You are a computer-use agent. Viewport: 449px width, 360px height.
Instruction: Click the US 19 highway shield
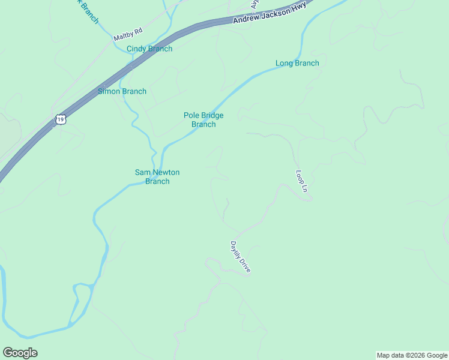click(x=60, y=119)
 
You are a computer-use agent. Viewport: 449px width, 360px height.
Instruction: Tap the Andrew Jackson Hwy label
click(x=269, y=13)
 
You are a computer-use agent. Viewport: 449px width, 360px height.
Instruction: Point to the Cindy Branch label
click(x=149, y=49)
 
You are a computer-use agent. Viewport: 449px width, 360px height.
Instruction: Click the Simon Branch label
click(x=122, y=91)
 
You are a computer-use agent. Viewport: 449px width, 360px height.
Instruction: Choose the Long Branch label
click(x=297, y=63)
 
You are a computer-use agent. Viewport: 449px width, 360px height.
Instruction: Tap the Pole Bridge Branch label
click(x=203, y=119)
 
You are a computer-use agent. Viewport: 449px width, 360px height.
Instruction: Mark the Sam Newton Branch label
click(x=157, y=176)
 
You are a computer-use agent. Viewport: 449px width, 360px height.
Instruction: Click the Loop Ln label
click(x=301, y=181)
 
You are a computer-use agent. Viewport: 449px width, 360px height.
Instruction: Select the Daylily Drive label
click(x=240, y=257)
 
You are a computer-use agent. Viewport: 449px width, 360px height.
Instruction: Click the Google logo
click(x=20, y=353)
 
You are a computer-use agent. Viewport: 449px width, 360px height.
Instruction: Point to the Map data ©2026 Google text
click(x=412, y=355)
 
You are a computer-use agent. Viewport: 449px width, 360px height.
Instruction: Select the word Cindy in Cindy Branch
click(x=136, y=49)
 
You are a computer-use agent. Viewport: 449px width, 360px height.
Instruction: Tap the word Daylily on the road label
click(x=236, y=250)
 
